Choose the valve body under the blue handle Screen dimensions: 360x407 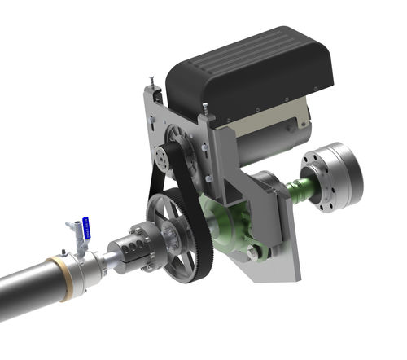(x=78, y=241)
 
